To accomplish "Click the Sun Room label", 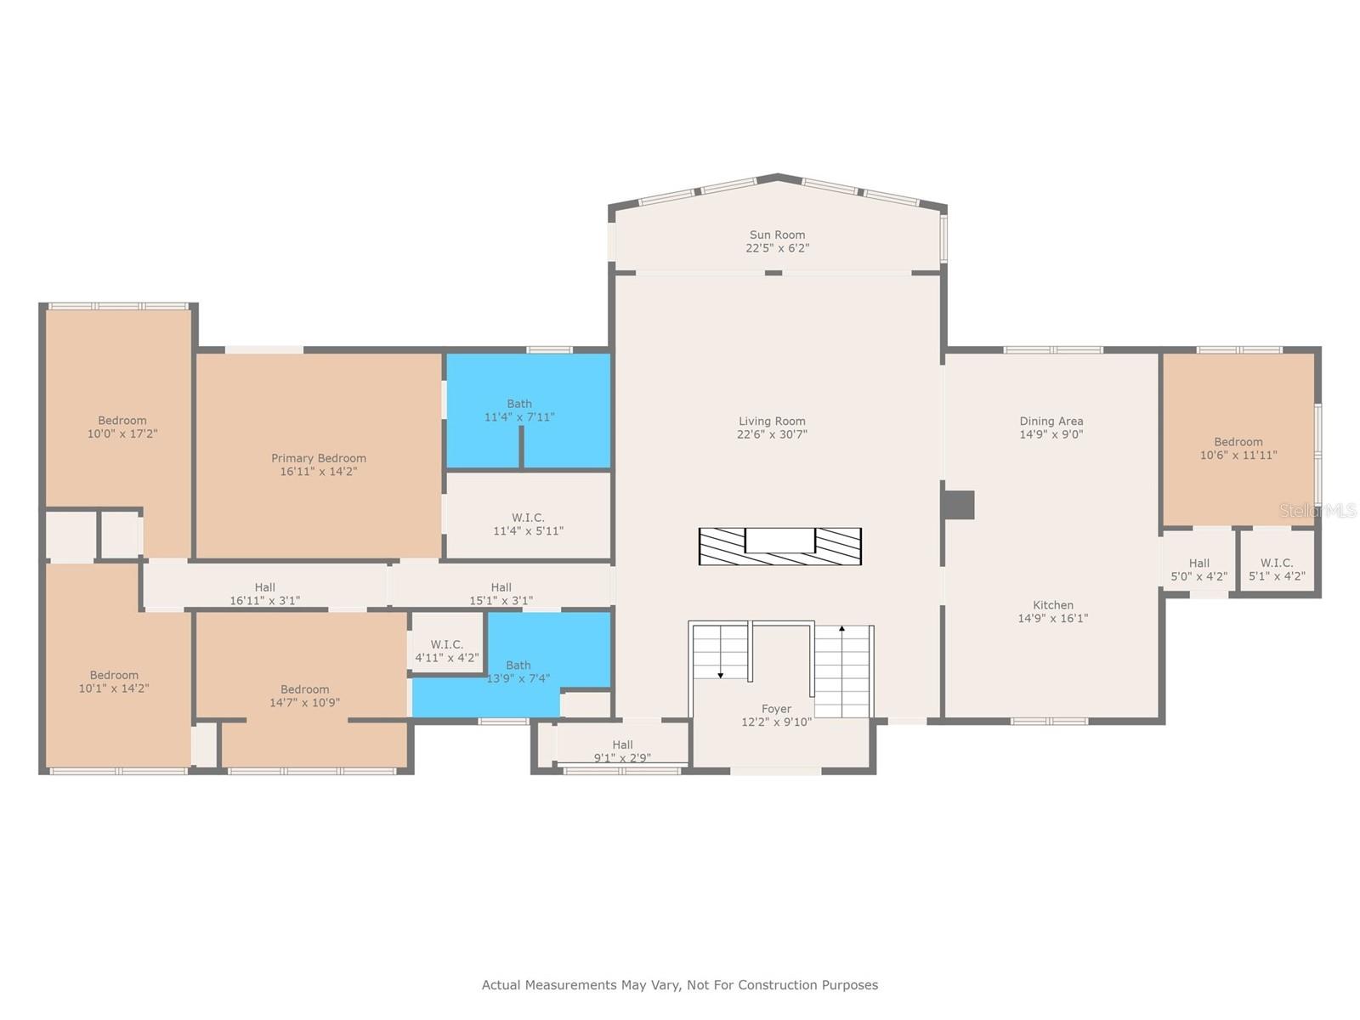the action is pyautogui.click(x=777, y=235).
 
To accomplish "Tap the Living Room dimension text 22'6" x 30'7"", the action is pyautogui.click(x=772, y=434).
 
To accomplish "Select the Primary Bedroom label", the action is pyautogui.click(x=319, y=458).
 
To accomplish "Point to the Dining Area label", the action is pyautogui.click(x=1051, y=421).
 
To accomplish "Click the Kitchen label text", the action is pyautogui.click(x=1053, y=605).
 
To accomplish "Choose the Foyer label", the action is pyautogui.click(x=776, y=709).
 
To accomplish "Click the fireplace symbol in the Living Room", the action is pyautogui.click(x=780, y=547).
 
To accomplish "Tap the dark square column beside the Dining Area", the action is pyautogui.click(x=959, y=505).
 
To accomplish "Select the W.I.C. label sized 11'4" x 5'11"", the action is pyautogui.click(x=528, y=518).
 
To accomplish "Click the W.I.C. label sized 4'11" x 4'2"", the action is pyautogui.click(x=447, y=644).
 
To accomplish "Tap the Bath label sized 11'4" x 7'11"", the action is pyautogui.click(x=519, y=404).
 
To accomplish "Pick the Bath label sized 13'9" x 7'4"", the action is pyautogui.click(x=518, y=666).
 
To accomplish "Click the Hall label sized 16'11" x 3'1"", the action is pyautogui.click(x=264, y=587).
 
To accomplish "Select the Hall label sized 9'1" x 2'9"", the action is pyautogui.click(x=622, y=745).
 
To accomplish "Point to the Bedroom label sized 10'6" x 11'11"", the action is pyautogui.click(x=1238, y=442).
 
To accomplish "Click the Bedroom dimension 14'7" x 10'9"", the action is pyautogui.click(x=304, y=703).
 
